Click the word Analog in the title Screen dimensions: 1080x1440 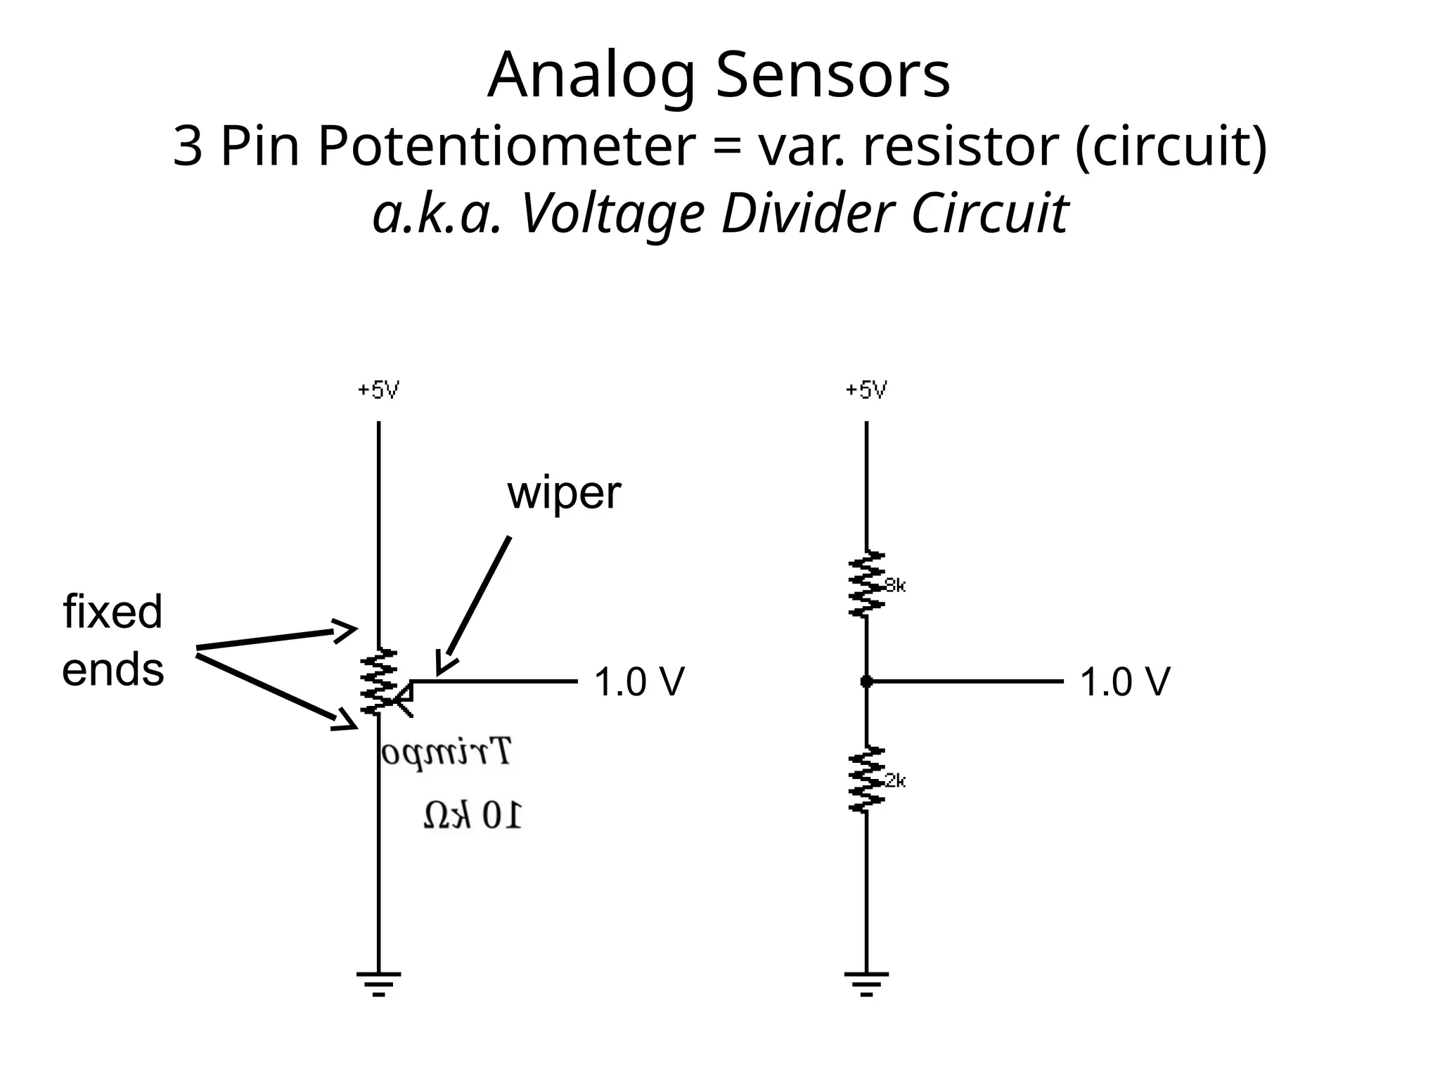pos(591,76)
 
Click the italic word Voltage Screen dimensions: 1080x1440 pos(612,214)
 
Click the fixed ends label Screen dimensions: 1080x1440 pos(112,640)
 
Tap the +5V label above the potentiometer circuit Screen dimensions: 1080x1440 pos(378,390)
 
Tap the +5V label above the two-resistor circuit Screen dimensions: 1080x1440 pos(866,390)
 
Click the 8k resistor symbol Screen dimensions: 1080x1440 pos(866,584)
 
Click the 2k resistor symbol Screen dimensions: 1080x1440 pos(866,780)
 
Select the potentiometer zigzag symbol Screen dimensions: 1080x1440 pos(379,681)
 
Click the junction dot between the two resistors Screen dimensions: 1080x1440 pos(866,681)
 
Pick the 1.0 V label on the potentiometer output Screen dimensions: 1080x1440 pos(638,682)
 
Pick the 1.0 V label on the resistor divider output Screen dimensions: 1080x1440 pos(1124,682)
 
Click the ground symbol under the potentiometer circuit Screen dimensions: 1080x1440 pos(378,983)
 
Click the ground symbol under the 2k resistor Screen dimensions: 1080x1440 pos(866,983)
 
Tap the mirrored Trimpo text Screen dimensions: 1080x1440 pos(446,752)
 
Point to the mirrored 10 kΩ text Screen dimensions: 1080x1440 pos(472,816)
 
